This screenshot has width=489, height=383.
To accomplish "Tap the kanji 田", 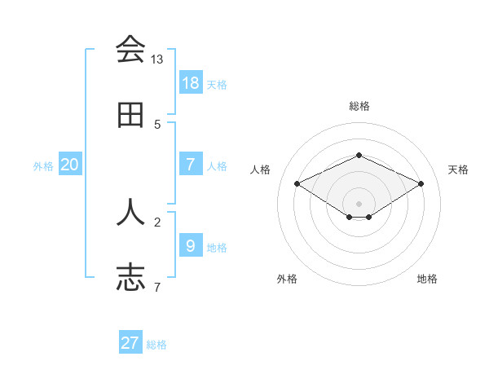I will point(130,116).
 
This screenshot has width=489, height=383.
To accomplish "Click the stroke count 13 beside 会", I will point(156,59).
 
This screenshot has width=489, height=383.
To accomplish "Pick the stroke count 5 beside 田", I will point(157,125).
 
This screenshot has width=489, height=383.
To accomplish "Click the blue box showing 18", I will point(191,83).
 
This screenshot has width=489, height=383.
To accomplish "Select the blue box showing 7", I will point(191,165).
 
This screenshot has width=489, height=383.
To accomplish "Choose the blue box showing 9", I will point(191,246).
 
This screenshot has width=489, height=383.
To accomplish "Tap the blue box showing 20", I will point(70,165).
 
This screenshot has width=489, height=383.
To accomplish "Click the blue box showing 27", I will point(130,343).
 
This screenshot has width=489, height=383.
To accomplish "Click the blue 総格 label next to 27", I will point(156,345).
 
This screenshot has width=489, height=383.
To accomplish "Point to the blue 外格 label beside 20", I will point(43,166).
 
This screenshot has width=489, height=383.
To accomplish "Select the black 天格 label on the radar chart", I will point(458,169).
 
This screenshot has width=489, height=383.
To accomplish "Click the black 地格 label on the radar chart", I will point(427,279).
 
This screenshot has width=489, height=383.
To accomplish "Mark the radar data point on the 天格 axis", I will point(421,184).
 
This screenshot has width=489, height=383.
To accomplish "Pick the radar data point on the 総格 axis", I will point(359,155).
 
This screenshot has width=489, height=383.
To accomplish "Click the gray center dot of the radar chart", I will point(359,203).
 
